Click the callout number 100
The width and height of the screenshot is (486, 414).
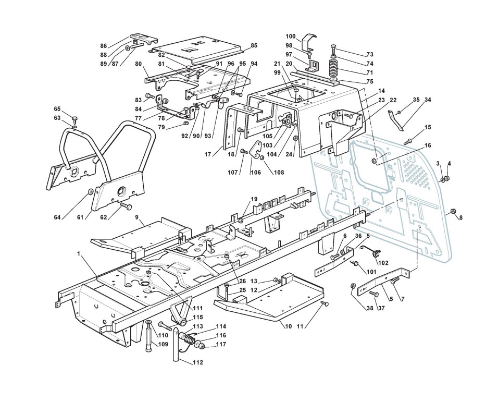291,36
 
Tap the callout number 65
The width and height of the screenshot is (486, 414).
57,109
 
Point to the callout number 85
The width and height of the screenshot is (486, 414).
254,45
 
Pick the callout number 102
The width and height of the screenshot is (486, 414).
383,263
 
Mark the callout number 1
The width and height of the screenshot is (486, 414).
80,253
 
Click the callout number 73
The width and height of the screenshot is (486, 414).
370,54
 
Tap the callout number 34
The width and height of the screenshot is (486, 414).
428,100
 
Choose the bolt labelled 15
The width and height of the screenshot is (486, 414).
408,140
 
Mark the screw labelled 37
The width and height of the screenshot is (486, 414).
373,294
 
